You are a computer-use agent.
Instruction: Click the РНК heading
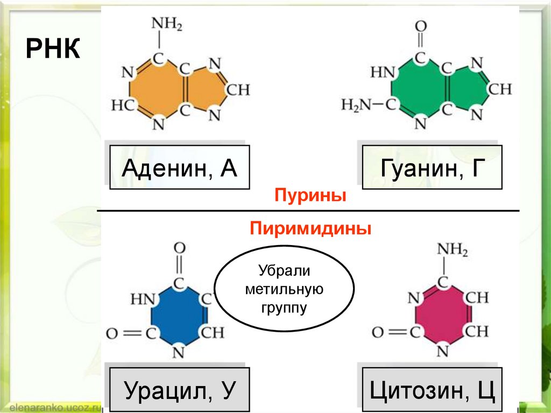(x=53, y=51)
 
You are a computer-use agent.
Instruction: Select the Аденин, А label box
(x=179, y=166)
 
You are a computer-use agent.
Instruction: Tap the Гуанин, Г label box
(x=432, y=166)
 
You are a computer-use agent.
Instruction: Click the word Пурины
(x=309, y=195)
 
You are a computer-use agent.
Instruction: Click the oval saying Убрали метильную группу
(x=284, y=289)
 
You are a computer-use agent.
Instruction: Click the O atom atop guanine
(x=421, y=25)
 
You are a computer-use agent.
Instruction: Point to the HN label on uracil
(x=143, y=297)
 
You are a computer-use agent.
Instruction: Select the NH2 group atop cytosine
(x=452, y=249)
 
